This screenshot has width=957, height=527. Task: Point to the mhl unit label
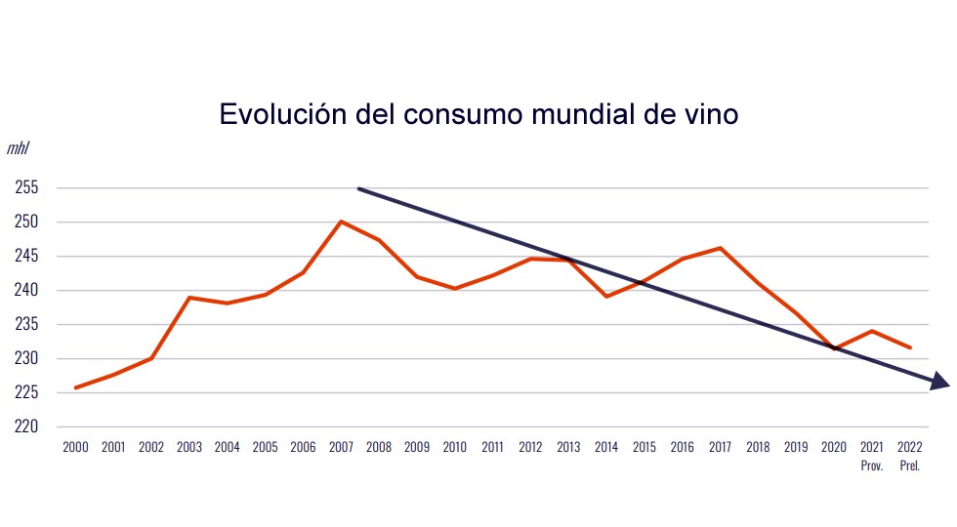(x=18, y=149)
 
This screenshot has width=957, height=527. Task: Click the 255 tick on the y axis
(x=26, y=188)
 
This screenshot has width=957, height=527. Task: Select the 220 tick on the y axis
(x=26, y=426)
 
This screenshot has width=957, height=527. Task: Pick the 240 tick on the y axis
(x=26, y=291)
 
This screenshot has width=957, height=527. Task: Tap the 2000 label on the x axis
(x=75, y=447)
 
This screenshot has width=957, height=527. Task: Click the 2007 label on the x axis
(x=341, y=447)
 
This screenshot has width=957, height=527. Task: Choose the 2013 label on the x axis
(x=568, y=447)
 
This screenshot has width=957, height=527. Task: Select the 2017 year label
(x=720, y=447)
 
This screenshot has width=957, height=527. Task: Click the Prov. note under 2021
(x=872, y=466)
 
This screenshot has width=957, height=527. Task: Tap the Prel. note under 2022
(x=909, y=466)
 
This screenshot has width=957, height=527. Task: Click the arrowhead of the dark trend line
(x=940, y=383)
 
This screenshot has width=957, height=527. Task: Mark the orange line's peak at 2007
(x=341, y=222)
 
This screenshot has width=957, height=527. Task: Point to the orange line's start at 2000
(x=76, y=387)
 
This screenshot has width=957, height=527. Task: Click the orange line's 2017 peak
(x=720, y=248)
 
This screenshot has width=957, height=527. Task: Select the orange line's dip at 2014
(x=606, y=296)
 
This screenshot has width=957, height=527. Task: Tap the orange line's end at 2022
(x=910, y=347)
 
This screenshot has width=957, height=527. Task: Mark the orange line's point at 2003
(x=189, y=297)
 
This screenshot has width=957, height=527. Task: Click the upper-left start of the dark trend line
(x=359, y=188)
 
